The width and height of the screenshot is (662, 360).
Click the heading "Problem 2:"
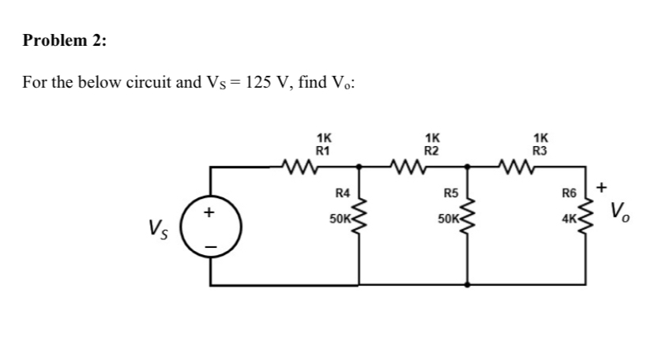point(64,41)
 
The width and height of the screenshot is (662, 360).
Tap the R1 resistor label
point(323,148)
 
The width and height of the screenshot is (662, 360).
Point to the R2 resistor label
point(431,148)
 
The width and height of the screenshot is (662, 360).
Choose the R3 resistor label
point(540,148)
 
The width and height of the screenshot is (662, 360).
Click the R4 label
point(343,192)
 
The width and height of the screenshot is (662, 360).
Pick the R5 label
point(451,192)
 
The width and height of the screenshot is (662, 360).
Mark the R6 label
point(569,192)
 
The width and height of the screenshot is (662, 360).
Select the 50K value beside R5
point(449,216)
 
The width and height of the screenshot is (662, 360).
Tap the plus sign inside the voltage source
point(209,212)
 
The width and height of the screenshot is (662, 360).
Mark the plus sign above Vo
point(602,188)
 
